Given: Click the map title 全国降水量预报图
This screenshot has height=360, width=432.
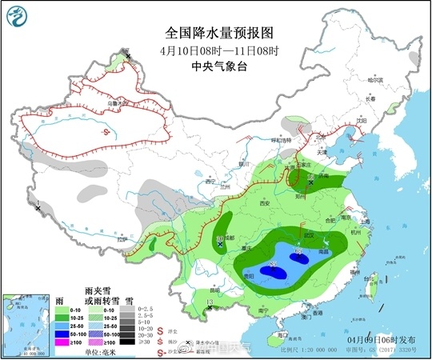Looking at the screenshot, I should pos(218,33).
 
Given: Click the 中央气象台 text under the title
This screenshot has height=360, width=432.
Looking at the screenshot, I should pos(218,68).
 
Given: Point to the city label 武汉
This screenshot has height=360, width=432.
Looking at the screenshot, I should pos(307,233).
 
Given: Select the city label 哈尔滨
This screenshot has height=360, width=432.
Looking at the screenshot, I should pos(375,79).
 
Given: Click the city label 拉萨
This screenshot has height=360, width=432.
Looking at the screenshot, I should pos(122,238).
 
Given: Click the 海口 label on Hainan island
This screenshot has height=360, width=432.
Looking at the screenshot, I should pos(279,331).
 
